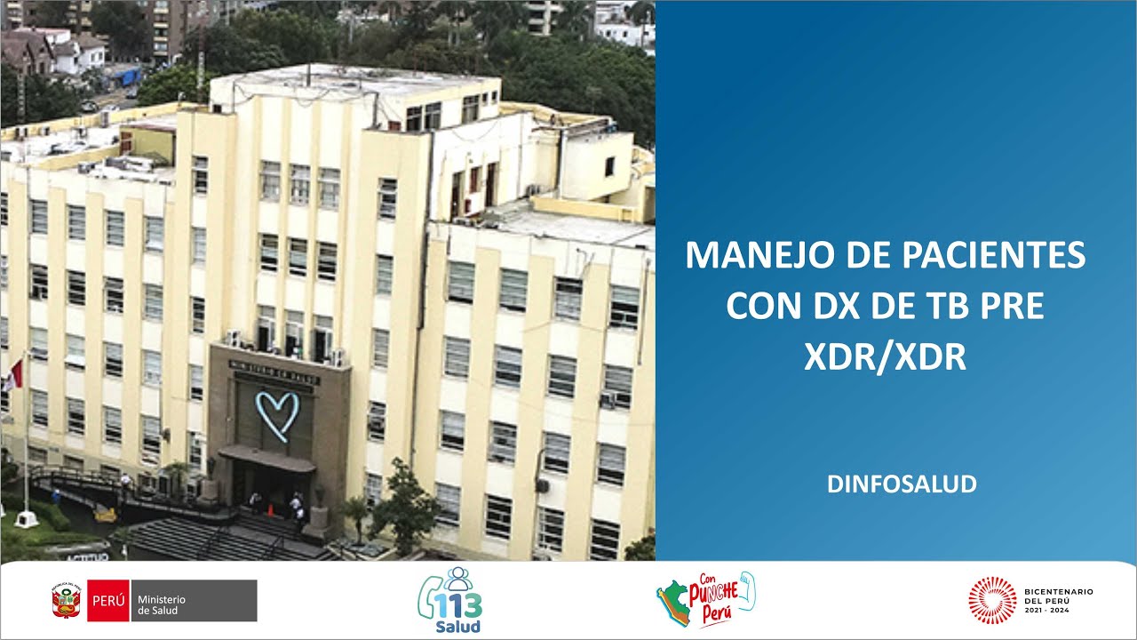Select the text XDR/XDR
pos(885,356)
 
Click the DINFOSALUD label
pos(902,484)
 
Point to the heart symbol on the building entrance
pos(277,414)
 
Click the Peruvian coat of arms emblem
pos(68,601)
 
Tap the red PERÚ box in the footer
pos(108,601)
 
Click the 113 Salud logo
pos(449,601)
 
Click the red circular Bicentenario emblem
pos(992,600)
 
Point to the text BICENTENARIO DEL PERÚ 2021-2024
pos(1059,600)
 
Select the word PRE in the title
pos(1011,307)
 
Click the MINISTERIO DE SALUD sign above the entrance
pos(275,372)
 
